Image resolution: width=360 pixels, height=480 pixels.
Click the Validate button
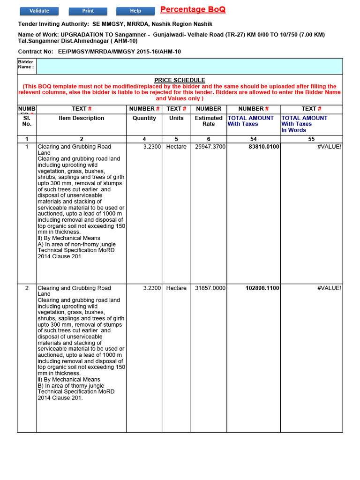(39, 11)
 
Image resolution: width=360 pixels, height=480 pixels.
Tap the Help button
(135, 11)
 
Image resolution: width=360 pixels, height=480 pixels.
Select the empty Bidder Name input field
(189, 66)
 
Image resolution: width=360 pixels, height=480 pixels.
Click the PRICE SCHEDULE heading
(180, 80)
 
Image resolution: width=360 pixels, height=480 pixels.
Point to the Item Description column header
(82, 118)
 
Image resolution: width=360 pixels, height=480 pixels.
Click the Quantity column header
(144, 118)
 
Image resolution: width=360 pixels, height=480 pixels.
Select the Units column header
(176, 118)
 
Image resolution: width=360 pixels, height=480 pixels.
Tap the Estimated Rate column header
(209, 121)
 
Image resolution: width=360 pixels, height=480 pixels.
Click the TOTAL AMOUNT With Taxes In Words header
(304, 124)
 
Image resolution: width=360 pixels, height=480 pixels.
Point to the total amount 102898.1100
(262, 288)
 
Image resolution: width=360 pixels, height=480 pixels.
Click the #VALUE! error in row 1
(329, 147)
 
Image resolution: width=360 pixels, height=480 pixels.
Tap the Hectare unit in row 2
(176, 288)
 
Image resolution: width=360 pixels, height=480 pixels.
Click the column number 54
(253, 139)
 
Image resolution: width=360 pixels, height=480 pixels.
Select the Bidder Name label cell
(26, 66)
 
